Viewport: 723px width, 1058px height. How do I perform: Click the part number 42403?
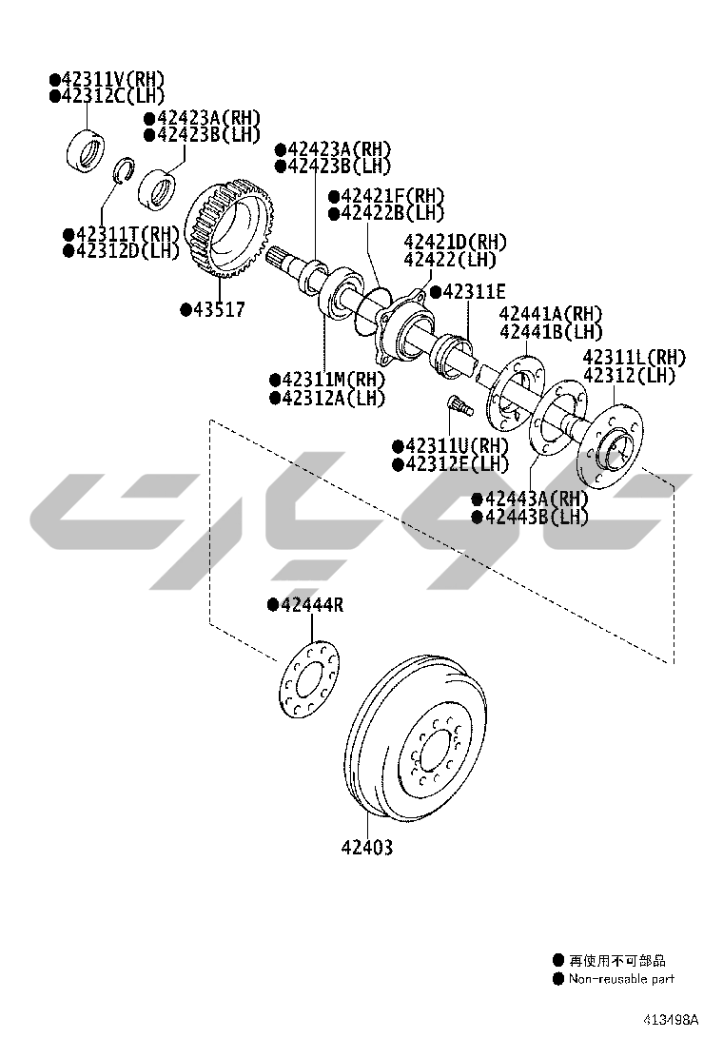[x=367, y=847]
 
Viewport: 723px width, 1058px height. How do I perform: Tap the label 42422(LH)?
[x=450, y=260]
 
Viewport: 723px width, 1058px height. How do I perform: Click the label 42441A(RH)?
[x=551, y=314]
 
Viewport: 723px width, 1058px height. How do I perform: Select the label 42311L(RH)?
[x=634, y=358]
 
